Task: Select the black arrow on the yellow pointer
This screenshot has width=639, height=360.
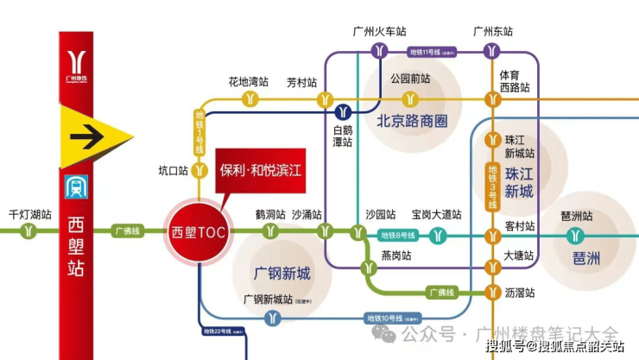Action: [x=88, y=136]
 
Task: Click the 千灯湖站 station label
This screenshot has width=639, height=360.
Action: [x=29, y=214]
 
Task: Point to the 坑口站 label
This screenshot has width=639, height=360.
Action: [x=174, y=170]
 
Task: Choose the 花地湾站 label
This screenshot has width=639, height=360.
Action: [x=249, y=82]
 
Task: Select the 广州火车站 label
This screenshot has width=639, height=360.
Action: [x=378, y=31]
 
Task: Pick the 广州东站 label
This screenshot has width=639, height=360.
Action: [x=493, y=31]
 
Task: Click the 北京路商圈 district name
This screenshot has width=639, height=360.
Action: [x=412, y=122]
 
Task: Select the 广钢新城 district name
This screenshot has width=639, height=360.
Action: [x=282, y=274]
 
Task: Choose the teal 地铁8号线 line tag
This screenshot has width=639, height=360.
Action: [x=398, y=235]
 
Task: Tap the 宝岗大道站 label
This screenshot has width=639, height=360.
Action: [x=436, y=214]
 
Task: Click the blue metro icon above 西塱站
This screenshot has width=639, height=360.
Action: [x=75, y=188]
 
